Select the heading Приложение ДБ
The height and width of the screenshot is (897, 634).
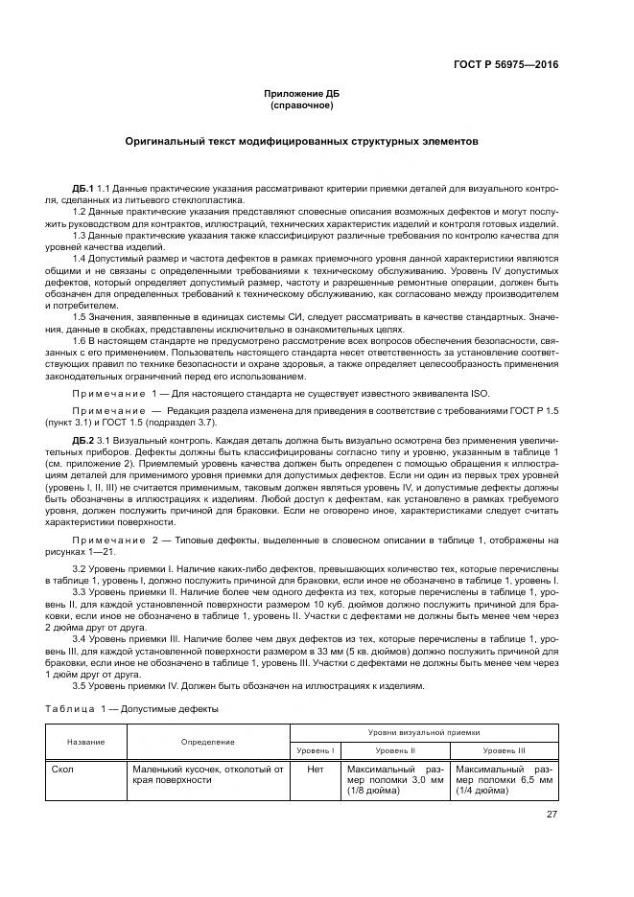(x=302, y=94)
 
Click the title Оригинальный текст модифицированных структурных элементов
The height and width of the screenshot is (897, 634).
(x=302, y=141)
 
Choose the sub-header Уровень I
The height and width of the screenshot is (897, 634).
(x=315, y=750)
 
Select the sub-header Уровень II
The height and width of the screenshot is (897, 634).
(x=394, y=750)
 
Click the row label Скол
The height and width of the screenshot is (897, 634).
(x=64, y=769)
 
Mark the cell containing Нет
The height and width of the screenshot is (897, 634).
(x=315, y=769)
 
